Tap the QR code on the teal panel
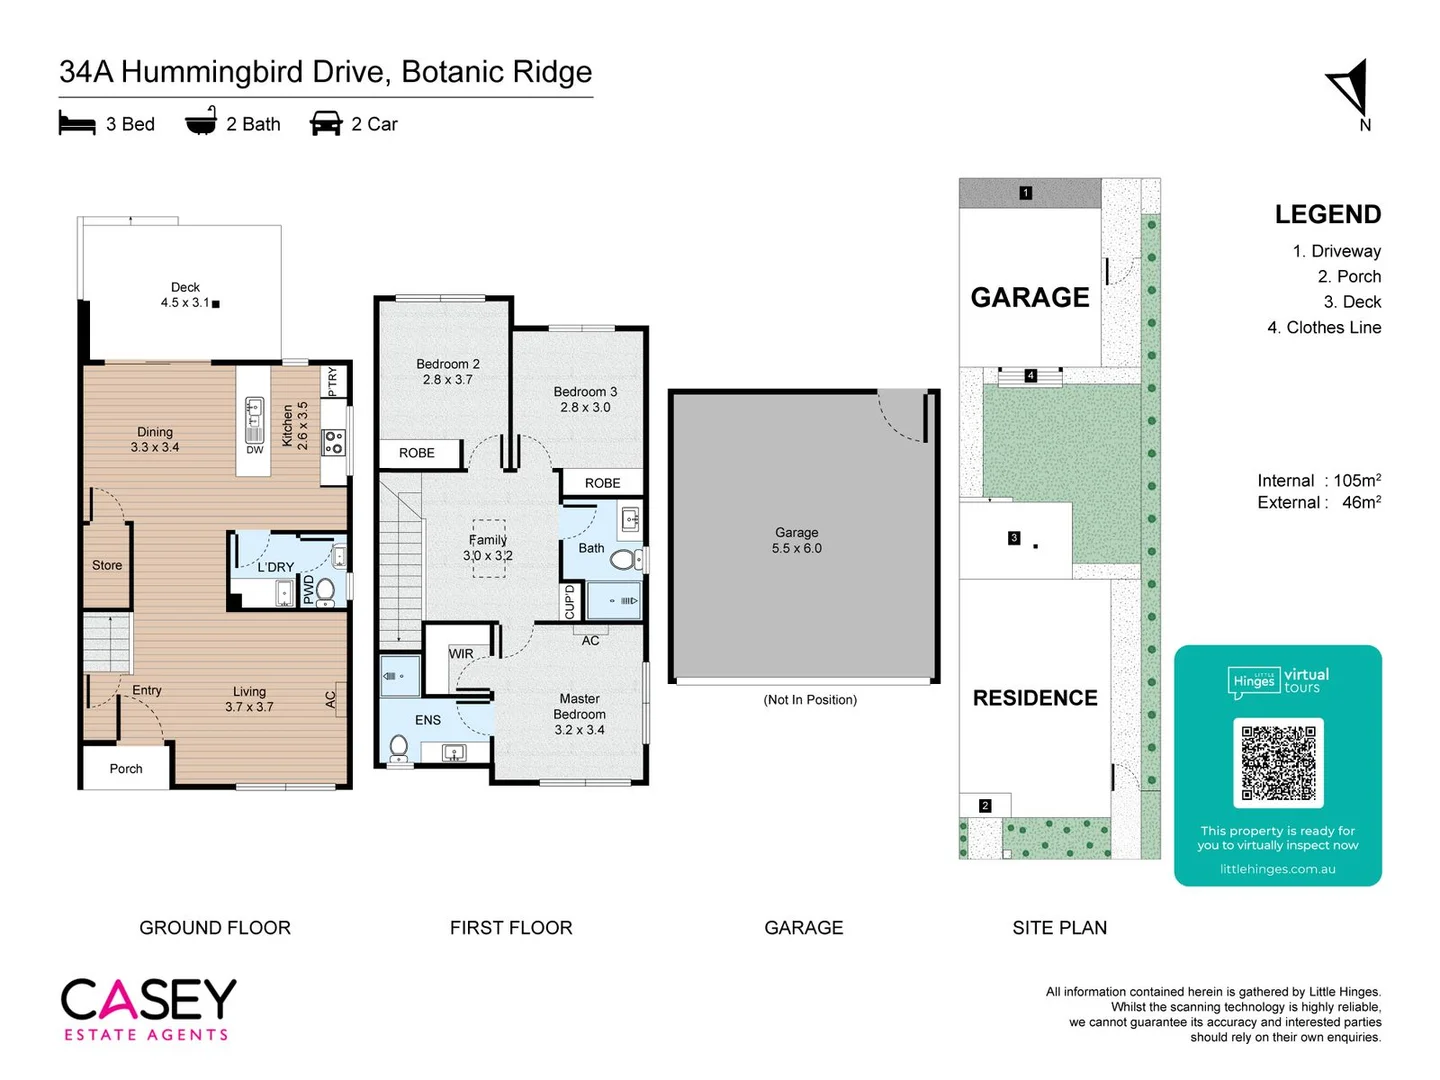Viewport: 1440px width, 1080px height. (1278, 762)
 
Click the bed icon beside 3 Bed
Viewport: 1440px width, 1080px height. (77, 124)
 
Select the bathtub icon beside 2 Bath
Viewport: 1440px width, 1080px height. (201, 122)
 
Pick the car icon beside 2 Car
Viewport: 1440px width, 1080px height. (326, 124)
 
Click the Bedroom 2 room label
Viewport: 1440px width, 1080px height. (448, 372)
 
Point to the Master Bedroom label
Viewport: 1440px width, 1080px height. (579, 714)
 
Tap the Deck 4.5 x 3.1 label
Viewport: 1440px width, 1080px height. (185, 295)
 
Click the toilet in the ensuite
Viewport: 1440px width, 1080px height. (398, 746)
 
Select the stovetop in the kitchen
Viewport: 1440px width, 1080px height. (334, 442)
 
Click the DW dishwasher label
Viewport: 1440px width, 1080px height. (255, 450)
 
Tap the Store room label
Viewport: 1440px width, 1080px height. (107, 566)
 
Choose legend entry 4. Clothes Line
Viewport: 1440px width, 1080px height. (1324, 328)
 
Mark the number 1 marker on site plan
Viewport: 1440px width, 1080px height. (1025, 193)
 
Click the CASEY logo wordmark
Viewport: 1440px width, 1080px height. (148, 999)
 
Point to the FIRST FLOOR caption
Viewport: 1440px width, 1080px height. (511, 928)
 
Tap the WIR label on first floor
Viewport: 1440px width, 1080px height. (461, 654)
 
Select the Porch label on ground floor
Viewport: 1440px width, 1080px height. (126, 769)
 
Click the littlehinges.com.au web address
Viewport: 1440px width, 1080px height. (1277, 869)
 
